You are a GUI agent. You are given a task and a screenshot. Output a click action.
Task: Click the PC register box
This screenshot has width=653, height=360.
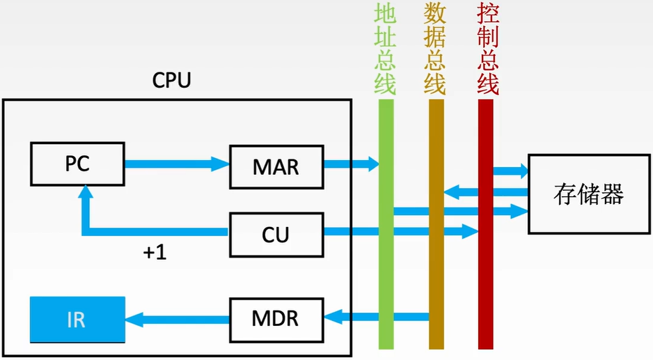coord(77,164)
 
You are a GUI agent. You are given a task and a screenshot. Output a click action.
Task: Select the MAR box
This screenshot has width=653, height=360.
coord(276,166)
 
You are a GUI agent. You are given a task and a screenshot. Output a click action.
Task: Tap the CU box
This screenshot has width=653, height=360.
coord(276,235)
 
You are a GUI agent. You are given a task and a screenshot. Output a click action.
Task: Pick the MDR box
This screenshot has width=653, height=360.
coord(276,320)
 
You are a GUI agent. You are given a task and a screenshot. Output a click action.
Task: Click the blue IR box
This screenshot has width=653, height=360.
coord(77,320)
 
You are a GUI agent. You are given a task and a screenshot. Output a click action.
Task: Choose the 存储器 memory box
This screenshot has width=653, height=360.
coord(589,194)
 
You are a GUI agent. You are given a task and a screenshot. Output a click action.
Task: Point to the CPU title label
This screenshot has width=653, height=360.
coord(171,80)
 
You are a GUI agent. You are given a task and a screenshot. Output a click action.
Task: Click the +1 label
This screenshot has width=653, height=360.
coord(155,252)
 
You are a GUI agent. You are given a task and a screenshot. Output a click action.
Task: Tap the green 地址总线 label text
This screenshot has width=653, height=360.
coord(385,49)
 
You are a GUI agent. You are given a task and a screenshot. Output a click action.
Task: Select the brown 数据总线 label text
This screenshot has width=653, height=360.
coord(435,49)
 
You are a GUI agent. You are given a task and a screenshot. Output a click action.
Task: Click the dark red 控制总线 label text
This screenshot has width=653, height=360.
coord(488,49)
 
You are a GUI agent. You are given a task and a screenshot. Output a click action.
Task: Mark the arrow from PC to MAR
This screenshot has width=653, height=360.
coord(177,164)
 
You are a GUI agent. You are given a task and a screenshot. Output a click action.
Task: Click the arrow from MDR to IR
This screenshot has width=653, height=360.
coord(177,320)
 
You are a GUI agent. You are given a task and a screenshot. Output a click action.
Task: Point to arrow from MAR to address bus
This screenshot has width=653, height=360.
coord(351,164)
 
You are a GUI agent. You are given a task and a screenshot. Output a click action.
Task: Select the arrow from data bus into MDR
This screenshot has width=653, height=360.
coord(376,317)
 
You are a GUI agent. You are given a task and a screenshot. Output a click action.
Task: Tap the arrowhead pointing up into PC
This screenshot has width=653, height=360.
coord(86,192)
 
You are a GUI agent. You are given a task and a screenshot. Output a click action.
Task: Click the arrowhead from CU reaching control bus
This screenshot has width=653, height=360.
coord(470,231)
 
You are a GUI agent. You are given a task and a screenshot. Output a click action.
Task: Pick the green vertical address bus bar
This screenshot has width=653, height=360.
coord(386,224)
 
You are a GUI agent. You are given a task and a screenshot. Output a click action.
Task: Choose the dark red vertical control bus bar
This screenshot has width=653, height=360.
coord(486,224)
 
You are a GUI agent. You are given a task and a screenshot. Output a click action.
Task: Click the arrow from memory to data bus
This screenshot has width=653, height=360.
coord(486,192)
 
